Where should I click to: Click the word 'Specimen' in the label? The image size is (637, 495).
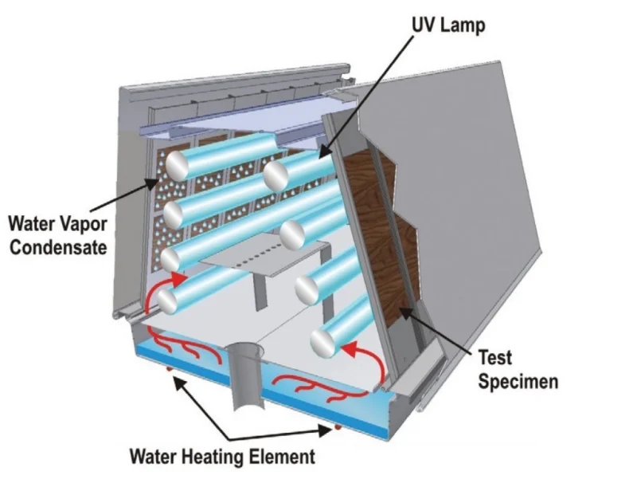[518, 381]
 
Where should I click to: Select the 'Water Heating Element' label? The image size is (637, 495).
[223, 457]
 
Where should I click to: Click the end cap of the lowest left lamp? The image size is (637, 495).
[166, 300]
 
